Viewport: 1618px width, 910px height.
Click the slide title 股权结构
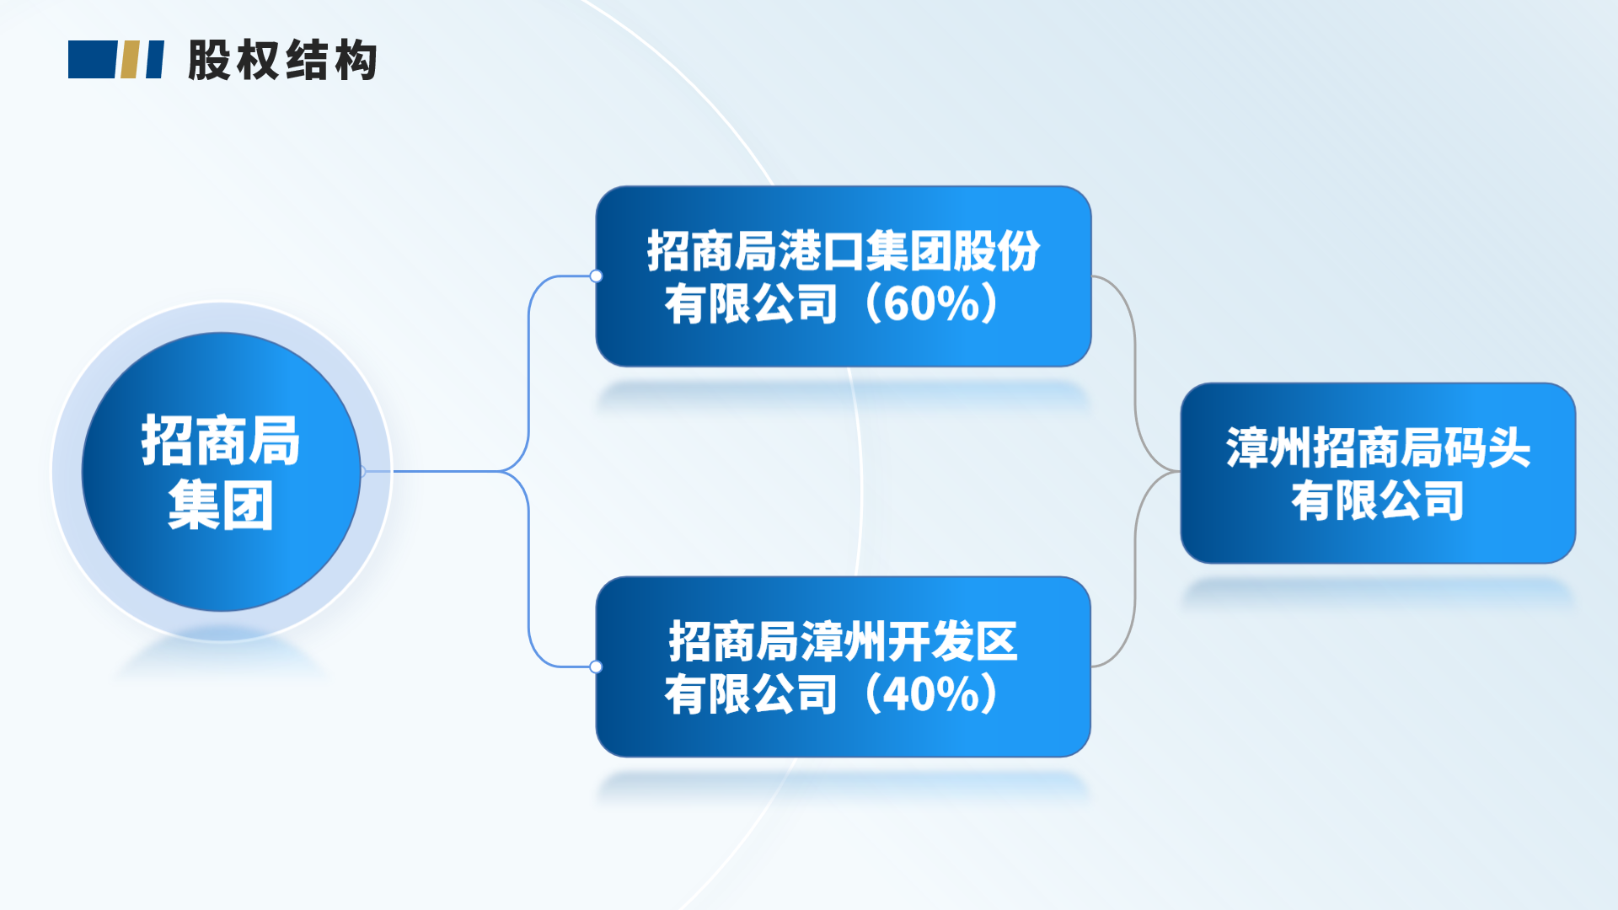click(x=282, y=60)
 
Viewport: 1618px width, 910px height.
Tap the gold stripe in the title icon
click(x=130, y=59)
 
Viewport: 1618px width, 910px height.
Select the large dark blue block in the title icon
click(x=92, y=59)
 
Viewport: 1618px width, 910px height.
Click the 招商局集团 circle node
click(x=222, y=472)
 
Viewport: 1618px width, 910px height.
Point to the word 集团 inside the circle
click(x=221, y=506)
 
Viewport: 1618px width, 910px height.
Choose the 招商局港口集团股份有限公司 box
click(x=844, y=276)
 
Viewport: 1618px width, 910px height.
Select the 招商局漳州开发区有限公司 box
click(x=844, y=666)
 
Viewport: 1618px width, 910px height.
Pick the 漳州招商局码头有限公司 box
click(x=1378, y=473)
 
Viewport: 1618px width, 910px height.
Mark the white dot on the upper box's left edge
click(x=596, y=276)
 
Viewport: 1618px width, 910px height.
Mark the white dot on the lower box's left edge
click(x=596, y=666)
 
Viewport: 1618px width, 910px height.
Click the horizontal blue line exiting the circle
click(x=431, y=471)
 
